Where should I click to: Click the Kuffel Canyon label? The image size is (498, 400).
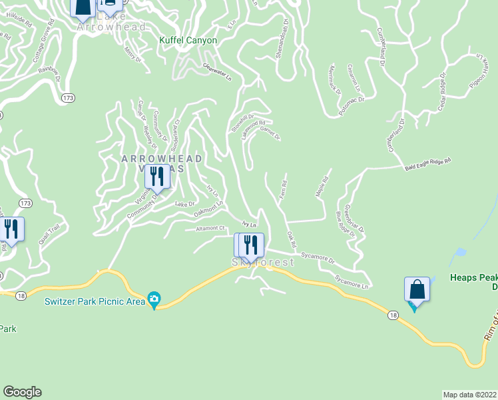pos(188,40)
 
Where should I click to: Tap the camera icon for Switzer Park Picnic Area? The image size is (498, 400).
pos(154,299)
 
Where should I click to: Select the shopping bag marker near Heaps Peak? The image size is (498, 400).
pos(417,290)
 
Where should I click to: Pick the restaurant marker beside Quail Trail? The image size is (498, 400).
pos(11,229)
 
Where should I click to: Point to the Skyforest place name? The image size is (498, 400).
pos(262,263)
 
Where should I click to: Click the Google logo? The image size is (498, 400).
pos(22,392)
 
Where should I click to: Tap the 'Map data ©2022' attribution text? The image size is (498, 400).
pos(470,395)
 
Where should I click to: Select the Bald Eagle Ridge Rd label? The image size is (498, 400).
pos(428,164)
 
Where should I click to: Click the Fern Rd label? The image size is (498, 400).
pos(283,191)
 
